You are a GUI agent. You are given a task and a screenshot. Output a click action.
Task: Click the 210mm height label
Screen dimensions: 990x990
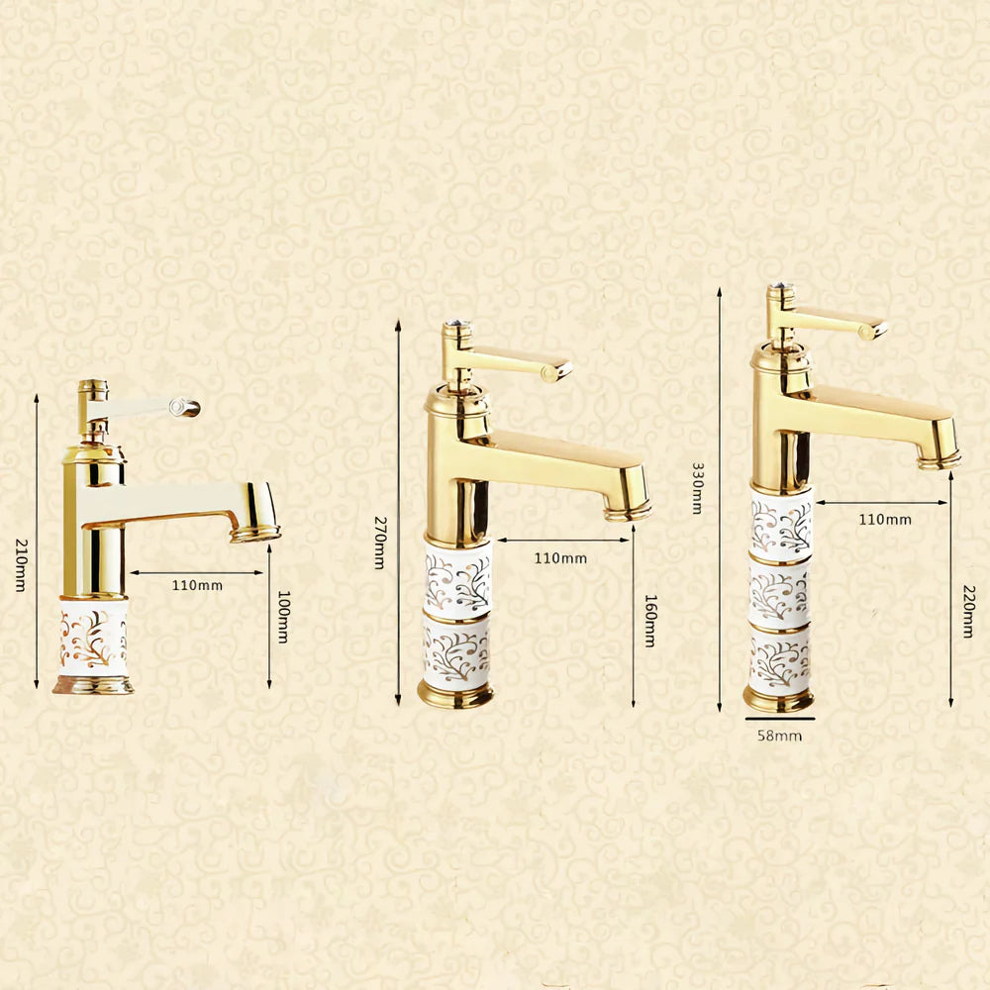coord(21,565)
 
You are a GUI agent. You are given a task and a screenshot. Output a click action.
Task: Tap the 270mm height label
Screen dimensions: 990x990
coord(380,543)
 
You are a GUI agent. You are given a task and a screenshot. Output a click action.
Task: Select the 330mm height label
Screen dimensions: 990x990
coord(698,488)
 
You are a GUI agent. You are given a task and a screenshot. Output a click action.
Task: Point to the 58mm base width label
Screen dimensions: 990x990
coord(780,736)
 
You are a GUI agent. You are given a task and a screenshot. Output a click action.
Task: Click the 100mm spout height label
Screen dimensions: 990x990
coord(284,617)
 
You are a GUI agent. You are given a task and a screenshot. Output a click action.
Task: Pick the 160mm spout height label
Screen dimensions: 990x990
coord(650,621)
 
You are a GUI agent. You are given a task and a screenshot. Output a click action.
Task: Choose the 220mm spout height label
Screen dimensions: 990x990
coord(969,611)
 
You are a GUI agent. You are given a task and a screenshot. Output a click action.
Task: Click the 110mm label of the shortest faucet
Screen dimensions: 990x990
coord(197,585)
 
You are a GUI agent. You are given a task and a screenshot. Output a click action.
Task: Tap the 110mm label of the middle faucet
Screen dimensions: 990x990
coord(560,558)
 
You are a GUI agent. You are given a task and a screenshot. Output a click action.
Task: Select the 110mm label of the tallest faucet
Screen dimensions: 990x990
coord(884,520)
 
